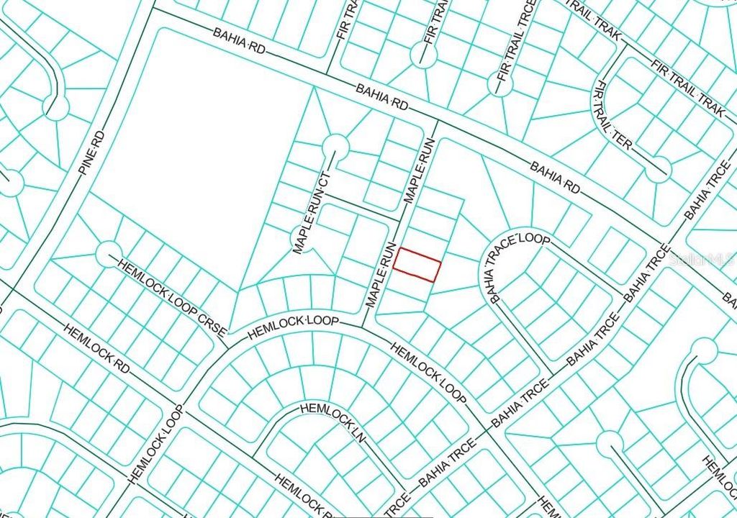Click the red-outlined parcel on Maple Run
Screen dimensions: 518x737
tap(417, 264)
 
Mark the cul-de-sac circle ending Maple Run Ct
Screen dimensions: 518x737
tap(335, 147)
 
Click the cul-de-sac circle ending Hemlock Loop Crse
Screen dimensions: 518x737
tap(109, 252)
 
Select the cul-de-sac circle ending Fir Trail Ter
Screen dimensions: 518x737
tap(658, 170)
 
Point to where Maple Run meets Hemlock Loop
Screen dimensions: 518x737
tap(361, 325)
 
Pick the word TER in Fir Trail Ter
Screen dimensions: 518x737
tap(623, 143)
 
